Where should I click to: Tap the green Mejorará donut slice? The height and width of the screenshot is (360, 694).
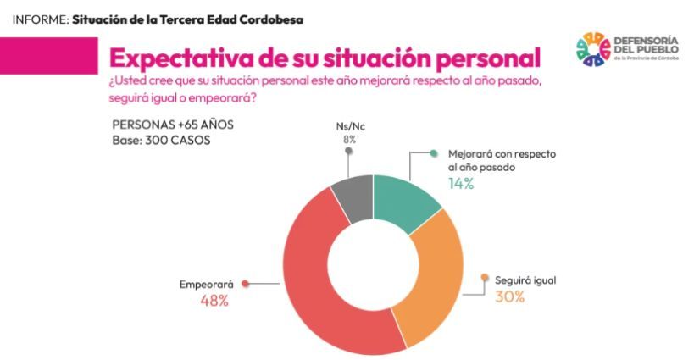407,199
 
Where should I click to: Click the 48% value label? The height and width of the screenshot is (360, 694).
214,301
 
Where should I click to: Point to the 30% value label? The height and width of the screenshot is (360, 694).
510,296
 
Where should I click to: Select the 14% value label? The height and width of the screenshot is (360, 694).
460,183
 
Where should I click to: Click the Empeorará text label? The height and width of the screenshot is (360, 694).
206,285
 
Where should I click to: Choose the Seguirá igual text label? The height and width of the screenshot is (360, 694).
525,279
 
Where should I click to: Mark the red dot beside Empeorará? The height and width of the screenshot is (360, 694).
245,284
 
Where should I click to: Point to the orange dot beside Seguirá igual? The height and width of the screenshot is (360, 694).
485,277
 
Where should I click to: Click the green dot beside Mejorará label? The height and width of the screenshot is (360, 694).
433,154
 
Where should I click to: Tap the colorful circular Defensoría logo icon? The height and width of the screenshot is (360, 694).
593,50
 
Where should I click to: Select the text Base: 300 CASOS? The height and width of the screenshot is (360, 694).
161,140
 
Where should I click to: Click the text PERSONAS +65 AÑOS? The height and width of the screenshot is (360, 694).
173,125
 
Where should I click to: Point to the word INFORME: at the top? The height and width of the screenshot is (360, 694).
39,19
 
